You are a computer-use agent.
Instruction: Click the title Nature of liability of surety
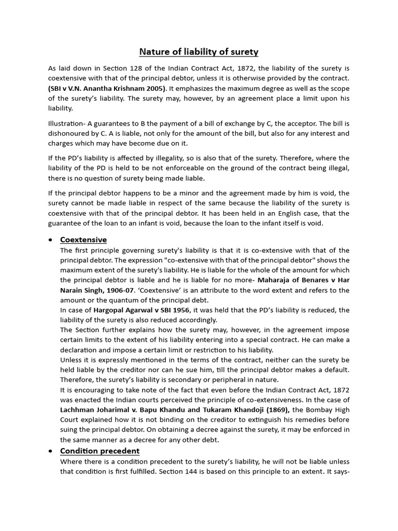[198, 52]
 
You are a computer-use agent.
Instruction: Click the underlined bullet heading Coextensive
[83, 240]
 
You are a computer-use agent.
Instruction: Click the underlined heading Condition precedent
[99, 451]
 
